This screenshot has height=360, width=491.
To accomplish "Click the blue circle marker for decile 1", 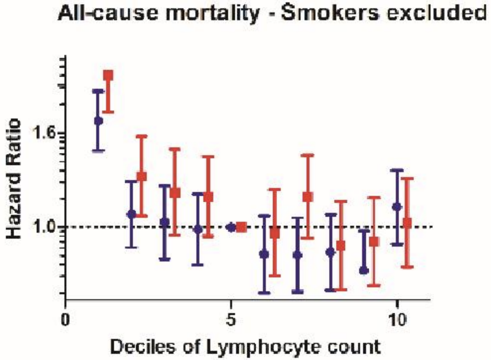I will (x=99, y=121).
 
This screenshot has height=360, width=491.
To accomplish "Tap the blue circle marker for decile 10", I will (x=397, y=207).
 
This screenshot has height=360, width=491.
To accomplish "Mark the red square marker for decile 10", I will (x=407, y=223).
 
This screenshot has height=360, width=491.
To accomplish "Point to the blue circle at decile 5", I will (x=232, y=227).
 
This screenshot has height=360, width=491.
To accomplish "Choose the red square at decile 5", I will (x=242, y=227).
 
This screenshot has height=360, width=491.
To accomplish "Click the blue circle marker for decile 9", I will (x=364, y=270).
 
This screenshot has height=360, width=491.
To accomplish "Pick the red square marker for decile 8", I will (x=341, y=246).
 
